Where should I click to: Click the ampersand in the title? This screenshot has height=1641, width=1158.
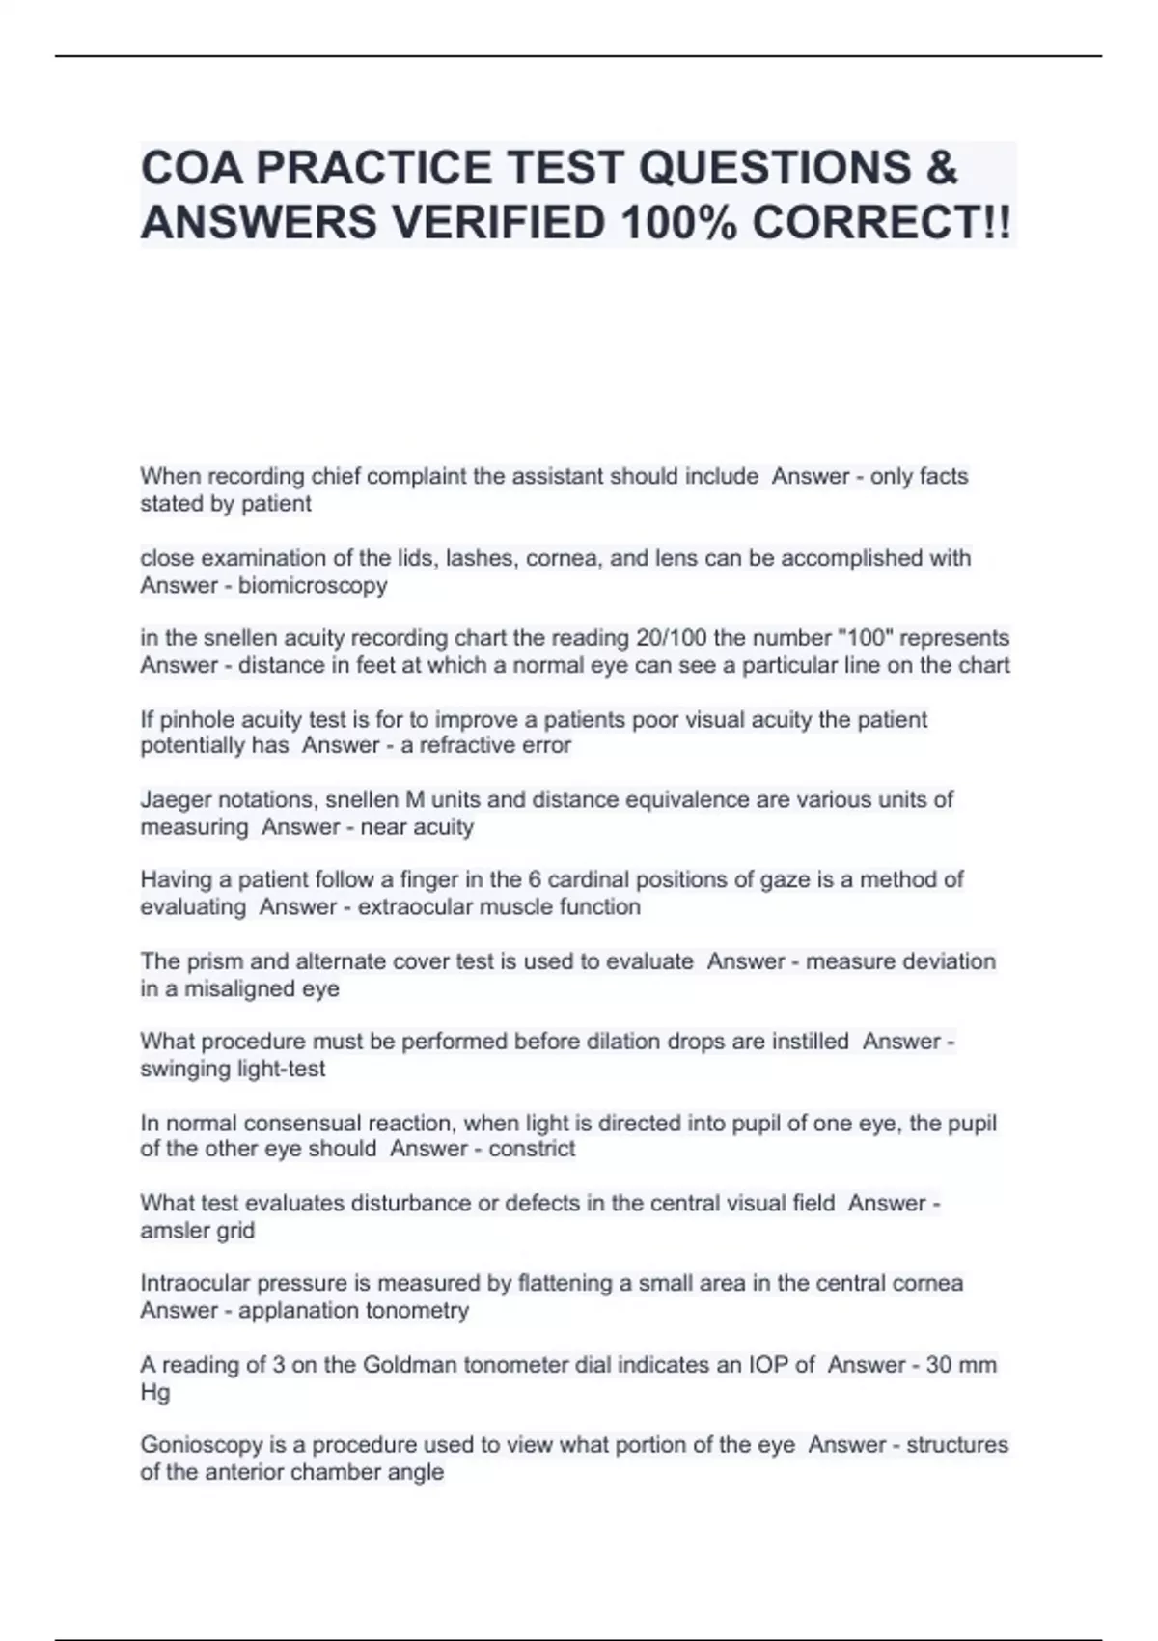click(942, 168)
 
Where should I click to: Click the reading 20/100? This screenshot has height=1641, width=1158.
click(672, 638)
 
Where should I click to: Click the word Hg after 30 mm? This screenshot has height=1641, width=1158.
click(154, 1392)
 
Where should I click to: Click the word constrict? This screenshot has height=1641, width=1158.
click(532, 1149)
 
